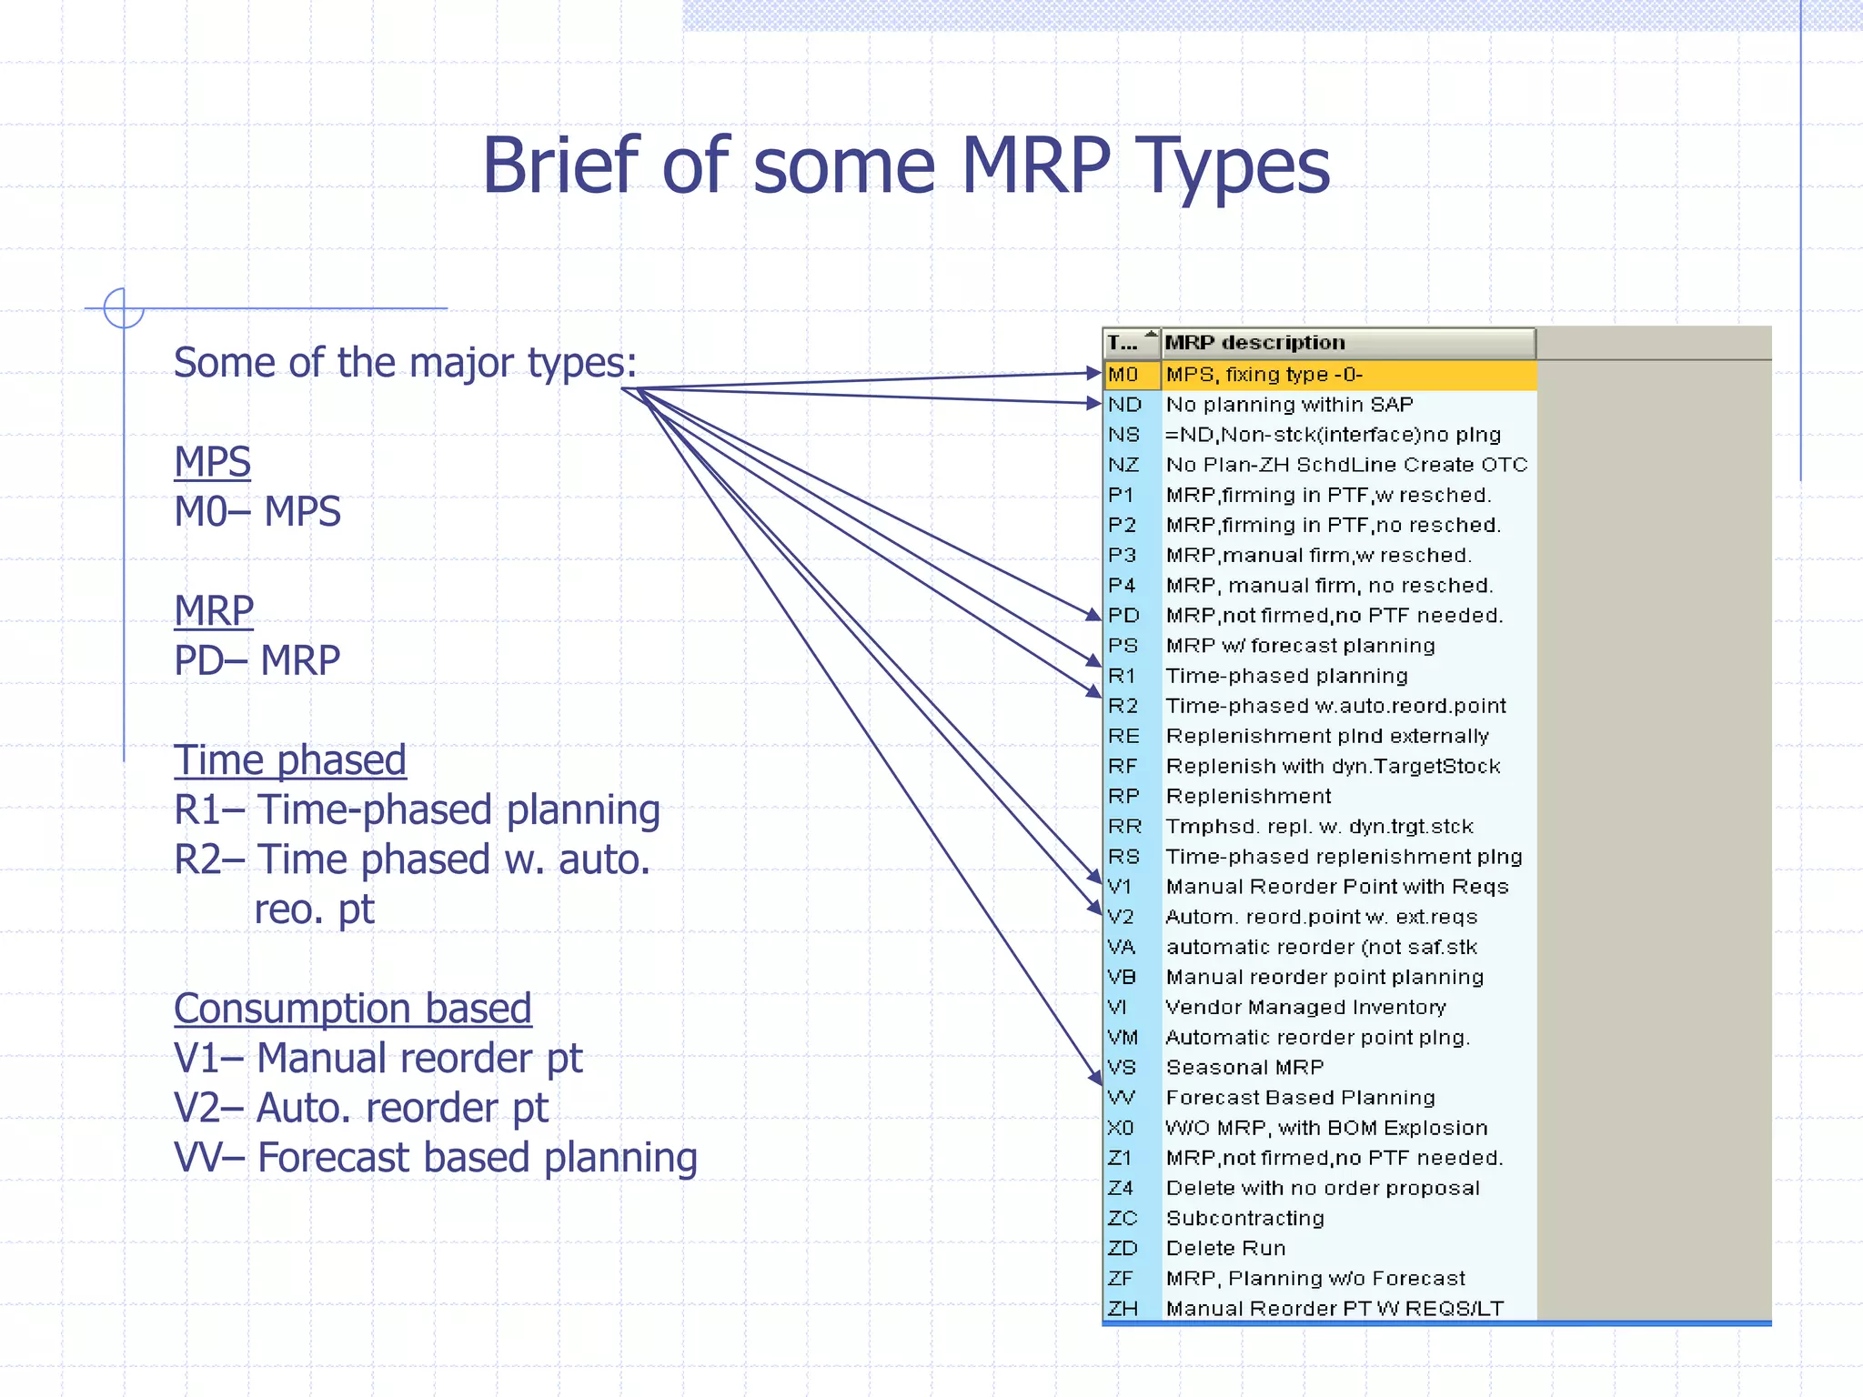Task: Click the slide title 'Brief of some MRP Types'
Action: [x=905, y=166]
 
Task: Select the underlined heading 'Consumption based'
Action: [x=352, y=1009]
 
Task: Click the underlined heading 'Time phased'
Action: [x=289, y=760]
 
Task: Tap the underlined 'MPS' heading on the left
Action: [x=212, y=462]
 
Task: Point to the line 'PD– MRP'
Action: [x=257, y=660]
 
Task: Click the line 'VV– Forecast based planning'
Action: [x=435, y=1158]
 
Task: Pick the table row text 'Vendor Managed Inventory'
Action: [x=1305, y=1008]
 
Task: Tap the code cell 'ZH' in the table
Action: [x=1123, y=1309]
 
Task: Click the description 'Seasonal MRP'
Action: [x=1244, y=1068]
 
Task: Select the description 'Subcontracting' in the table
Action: [x=1244, y=1219]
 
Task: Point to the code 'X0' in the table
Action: [x=1121, y=1128]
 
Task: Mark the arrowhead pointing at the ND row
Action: [x=1094, y=403]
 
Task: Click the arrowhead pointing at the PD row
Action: [x=1094, y=615]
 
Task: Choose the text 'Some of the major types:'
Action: [x=405, y=363]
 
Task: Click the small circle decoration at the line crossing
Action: [x=124, y=308]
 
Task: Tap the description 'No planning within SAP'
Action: [x=1289, y=405]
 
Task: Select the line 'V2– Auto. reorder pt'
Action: [x=361, y=1109]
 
